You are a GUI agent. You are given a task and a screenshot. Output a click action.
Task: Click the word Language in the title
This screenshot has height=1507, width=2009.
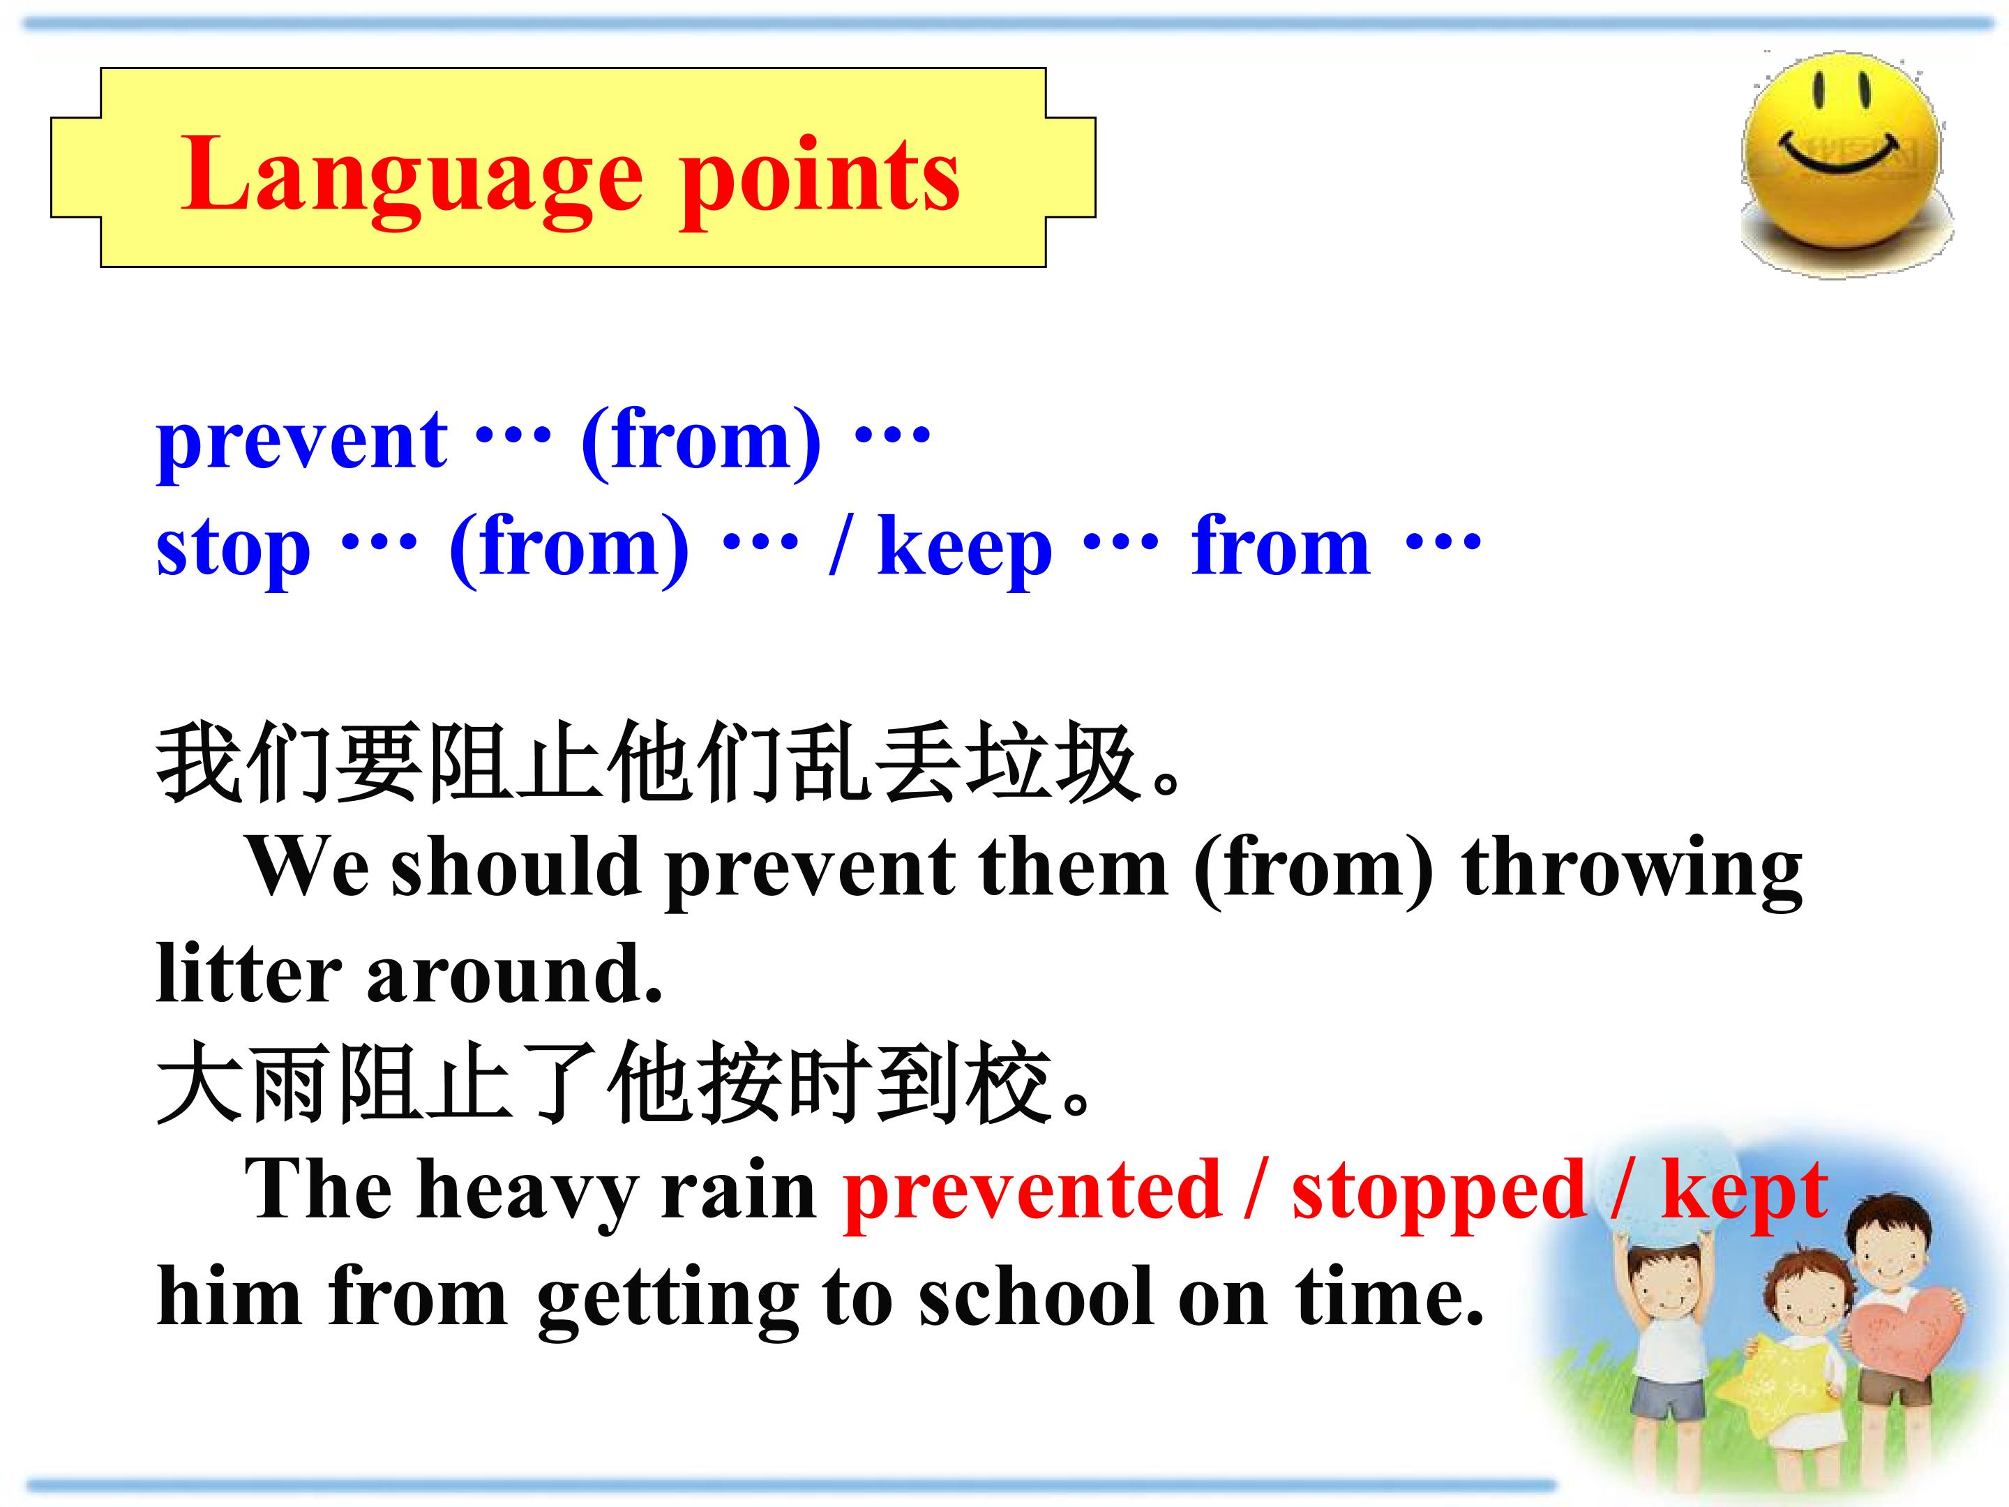412,178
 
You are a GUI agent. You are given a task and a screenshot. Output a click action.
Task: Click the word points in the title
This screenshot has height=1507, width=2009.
820,178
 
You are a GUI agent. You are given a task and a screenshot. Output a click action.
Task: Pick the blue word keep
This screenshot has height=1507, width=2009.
965,550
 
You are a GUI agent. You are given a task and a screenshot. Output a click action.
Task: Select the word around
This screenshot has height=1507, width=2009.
514,974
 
